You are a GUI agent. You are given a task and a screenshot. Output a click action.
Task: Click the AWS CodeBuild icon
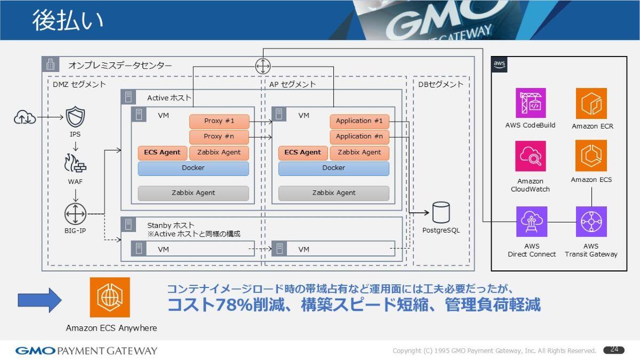coord(531,103)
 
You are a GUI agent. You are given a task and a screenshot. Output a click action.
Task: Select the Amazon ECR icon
coord(591,103)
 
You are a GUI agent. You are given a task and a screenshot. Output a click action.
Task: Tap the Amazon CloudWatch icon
coord(531,156)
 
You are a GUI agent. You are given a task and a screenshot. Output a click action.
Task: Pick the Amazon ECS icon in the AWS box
coord(591,156)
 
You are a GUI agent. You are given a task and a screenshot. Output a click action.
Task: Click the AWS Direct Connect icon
coord(531,221)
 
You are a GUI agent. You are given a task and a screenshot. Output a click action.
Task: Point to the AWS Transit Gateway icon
coord(591,221)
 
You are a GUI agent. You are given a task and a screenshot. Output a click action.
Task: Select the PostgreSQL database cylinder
coord(441,212)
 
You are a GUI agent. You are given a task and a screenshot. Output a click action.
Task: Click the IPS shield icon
coord(75,117)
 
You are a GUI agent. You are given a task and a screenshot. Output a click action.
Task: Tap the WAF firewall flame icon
coord(75,164)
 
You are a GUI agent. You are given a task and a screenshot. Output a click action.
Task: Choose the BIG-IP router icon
coord(75,214)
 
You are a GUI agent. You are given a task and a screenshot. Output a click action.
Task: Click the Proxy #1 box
coord(219,121)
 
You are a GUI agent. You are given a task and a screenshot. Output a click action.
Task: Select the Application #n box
coord(359,137)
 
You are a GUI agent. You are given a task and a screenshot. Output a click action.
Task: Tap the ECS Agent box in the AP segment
coord(302,153)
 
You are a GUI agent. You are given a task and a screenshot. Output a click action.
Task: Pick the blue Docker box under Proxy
coord(193,168)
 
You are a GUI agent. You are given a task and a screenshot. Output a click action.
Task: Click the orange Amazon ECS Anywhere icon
coord(110,297)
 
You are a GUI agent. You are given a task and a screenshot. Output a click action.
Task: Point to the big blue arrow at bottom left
coord(39,300)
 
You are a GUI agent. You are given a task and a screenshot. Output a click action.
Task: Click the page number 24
coord(614,350)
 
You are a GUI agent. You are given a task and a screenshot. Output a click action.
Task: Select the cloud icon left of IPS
coord(25,117)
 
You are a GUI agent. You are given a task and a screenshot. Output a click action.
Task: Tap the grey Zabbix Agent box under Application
coord(333,193)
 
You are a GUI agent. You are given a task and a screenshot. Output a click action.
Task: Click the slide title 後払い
coord(68,20)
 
